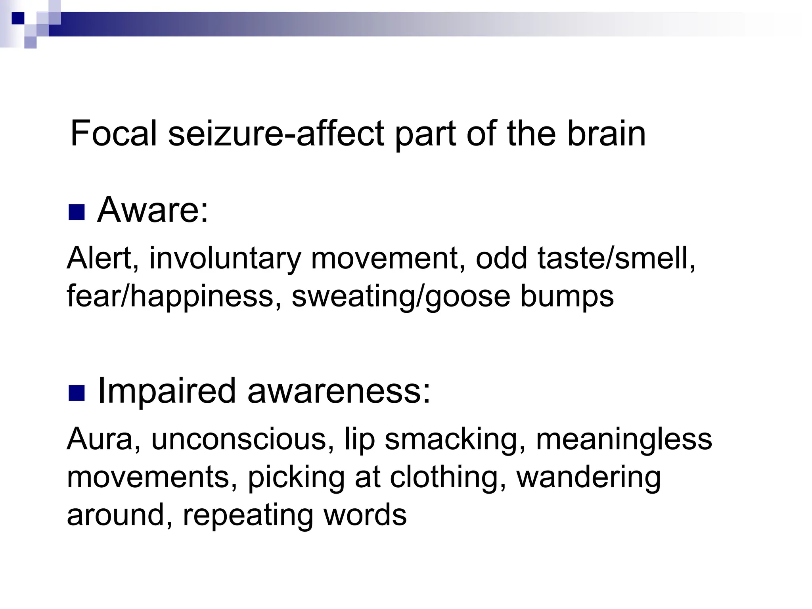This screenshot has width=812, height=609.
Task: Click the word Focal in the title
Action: point(114,134)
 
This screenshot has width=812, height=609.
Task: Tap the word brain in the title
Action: point(606,134)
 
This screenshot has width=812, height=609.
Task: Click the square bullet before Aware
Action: point(77,212)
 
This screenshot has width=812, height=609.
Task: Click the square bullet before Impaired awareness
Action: point(77,393)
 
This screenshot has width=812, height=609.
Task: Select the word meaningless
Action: point(624,439)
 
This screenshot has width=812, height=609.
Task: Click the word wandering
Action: point(589,477)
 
